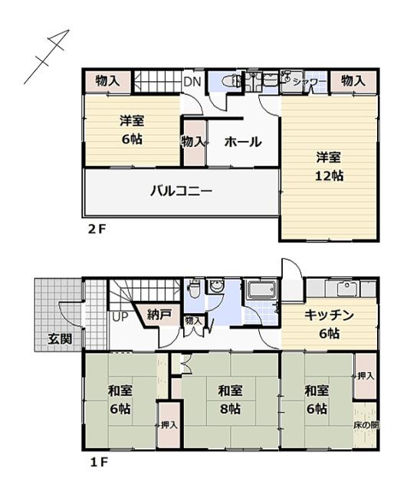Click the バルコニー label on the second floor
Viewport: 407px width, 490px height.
[x=181, y=191]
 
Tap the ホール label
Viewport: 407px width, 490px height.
[x=243, y=142]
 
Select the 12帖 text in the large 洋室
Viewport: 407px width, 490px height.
[x=330, y=175]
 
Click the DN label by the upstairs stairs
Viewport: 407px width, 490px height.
[x=192, y=80]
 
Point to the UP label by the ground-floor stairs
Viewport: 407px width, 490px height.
[x=120, y=315]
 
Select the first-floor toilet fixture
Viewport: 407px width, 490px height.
[x=195, y=290]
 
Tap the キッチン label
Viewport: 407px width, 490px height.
[x=328, y=315]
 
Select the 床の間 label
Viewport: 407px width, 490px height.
[x=366, y=424]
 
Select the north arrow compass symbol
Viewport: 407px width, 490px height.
[x=47, y=57]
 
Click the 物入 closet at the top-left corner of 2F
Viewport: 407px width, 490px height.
[x=107, y=80]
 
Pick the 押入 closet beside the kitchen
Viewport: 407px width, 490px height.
[x=366, y=376]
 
